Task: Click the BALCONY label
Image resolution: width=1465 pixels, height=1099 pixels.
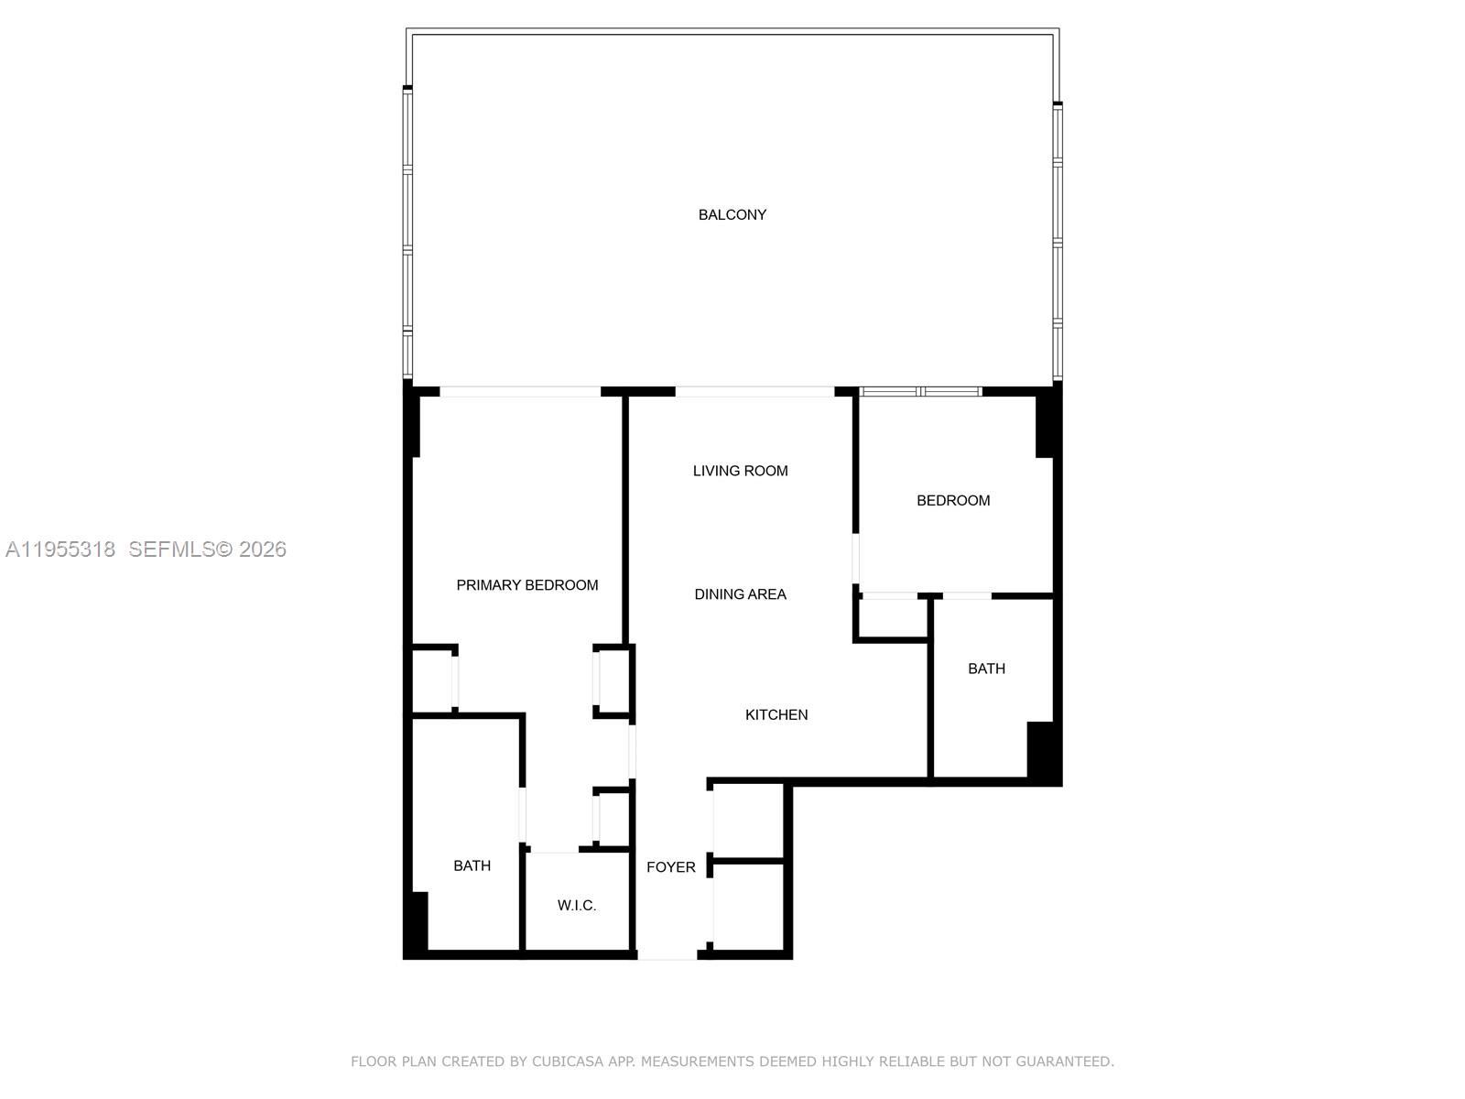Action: tap(732, 214)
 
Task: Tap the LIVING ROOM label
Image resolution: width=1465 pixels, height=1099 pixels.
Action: tap(740, 471)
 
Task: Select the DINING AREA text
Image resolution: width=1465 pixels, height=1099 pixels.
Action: tap(740, 594)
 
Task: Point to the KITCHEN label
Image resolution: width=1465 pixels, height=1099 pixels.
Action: tap(776, 714)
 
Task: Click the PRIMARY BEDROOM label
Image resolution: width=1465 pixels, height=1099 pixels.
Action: tap(526, 585)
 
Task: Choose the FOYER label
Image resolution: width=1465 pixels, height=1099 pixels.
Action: tap(670, 867)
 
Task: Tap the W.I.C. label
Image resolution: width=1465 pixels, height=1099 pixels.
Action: tap(577, 906)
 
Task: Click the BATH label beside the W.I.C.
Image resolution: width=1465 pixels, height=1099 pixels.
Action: tap(472, 865)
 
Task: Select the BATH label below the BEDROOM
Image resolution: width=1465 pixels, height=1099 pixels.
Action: tap(986, 669)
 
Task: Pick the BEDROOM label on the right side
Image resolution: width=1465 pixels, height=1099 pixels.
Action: tap(953, 500)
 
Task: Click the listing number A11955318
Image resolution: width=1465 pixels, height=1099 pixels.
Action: tap(60, 549)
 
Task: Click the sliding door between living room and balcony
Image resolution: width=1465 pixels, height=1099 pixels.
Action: tap(754, 392)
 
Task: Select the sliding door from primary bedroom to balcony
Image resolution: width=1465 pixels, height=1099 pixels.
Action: tap(520, 392)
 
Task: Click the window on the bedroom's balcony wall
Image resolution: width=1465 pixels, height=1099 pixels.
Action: tap(920, 392)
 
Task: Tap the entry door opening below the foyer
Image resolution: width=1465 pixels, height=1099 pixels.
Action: tap(667, 955)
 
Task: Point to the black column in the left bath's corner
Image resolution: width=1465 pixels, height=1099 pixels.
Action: tap(417, 920)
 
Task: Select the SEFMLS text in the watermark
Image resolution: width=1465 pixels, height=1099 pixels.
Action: tap(171, 549)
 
